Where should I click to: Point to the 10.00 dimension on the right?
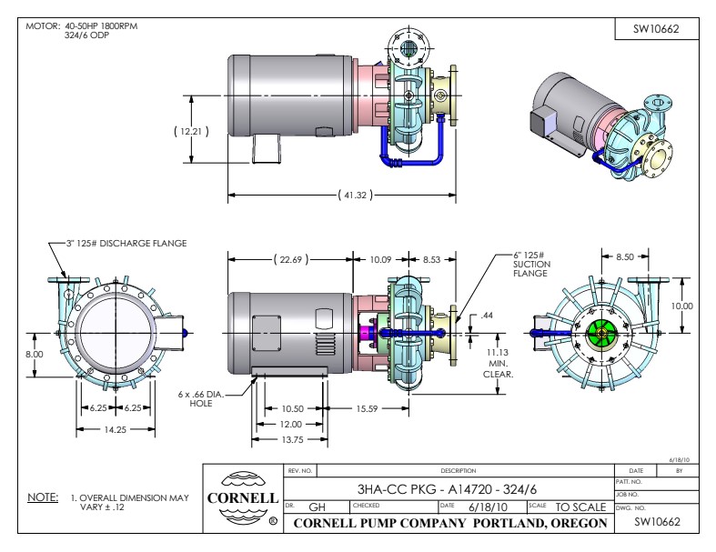click(681, 306)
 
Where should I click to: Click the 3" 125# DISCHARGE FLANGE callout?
click(126, 243)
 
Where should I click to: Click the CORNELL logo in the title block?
click(245, 499)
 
